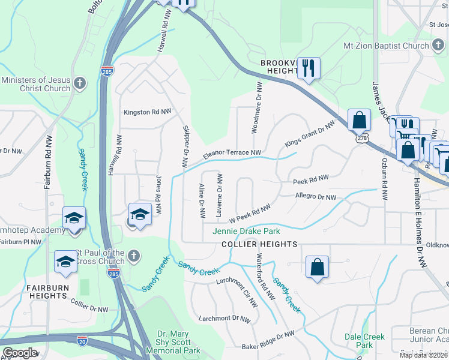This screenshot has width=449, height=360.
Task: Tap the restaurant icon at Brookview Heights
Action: pos(309,68)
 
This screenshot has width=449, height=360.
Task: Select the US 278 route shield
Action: pos(361,138)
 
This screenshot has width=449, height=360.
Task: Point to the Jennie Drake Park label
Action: pos(246,231)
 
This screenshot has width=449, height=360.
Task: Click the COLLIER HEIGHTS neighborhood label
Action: pos(259,244)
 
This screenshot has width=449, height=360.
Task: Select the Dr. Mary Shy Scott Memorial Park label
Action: pos(178,342)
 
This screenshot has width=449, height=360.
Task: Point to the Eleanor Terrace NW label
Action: pos(233,155)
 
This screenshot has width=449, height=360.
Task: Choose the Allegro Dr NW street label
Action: pos(315,196)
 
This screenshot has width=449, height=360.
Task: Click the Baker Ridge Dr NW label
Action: pos(268,341)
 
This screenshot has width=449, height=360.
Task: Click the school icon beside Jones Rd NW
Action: pos(140,215)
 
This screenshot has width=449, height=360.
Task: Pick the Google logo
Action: pos(20,353)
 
